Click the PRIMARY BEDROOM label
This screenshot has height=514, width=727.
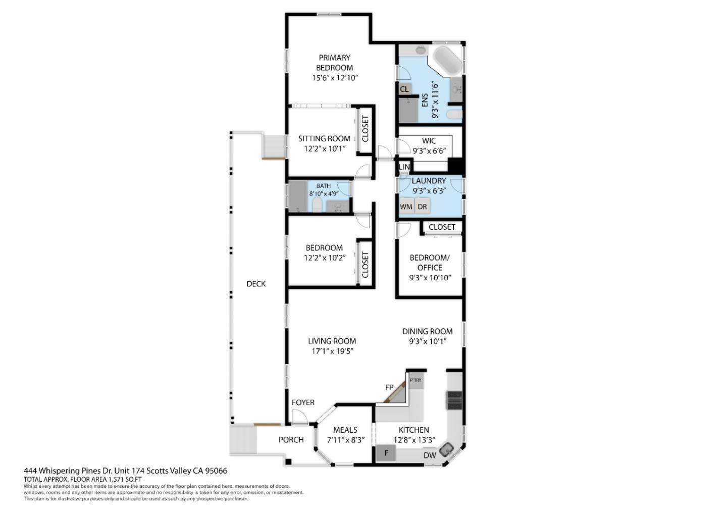[335, 63]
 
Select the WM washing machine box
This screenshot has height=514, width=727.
[406, 207]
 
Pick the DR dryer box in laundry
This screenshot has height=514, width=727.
[422, 207]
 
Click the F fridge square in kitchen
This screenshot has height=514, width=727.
[386, 453]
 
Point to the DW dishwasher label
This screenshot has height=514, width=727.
[430, 455]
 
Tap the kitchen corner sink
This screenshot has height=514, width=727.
[447, 450]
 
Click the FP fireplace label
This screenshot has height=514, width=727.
[389, 387]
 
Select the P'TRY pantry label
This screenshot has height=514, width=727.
[416, 380]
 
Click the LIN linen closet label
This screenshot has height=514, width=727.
[404, 167]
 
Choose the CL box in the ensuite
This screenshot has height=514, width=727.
[404, 89]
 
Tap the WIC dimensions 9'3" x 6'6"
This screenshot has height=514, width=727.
[429, 151]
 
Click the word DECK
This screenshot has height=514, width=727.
[256, 284]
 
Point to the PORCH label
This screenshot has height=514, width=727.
[291, 440]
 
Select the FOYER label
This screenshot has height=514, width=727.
[303, 403]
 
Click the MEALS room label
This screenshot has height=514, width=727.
[345, 430]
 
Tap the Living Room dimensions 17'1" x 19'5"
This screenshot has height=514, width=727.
[332, 351]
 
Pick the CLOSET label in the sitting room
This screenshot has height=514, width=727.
[365, 129]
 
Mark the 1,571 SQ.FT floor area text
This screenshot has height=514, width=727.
[125, 479]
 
